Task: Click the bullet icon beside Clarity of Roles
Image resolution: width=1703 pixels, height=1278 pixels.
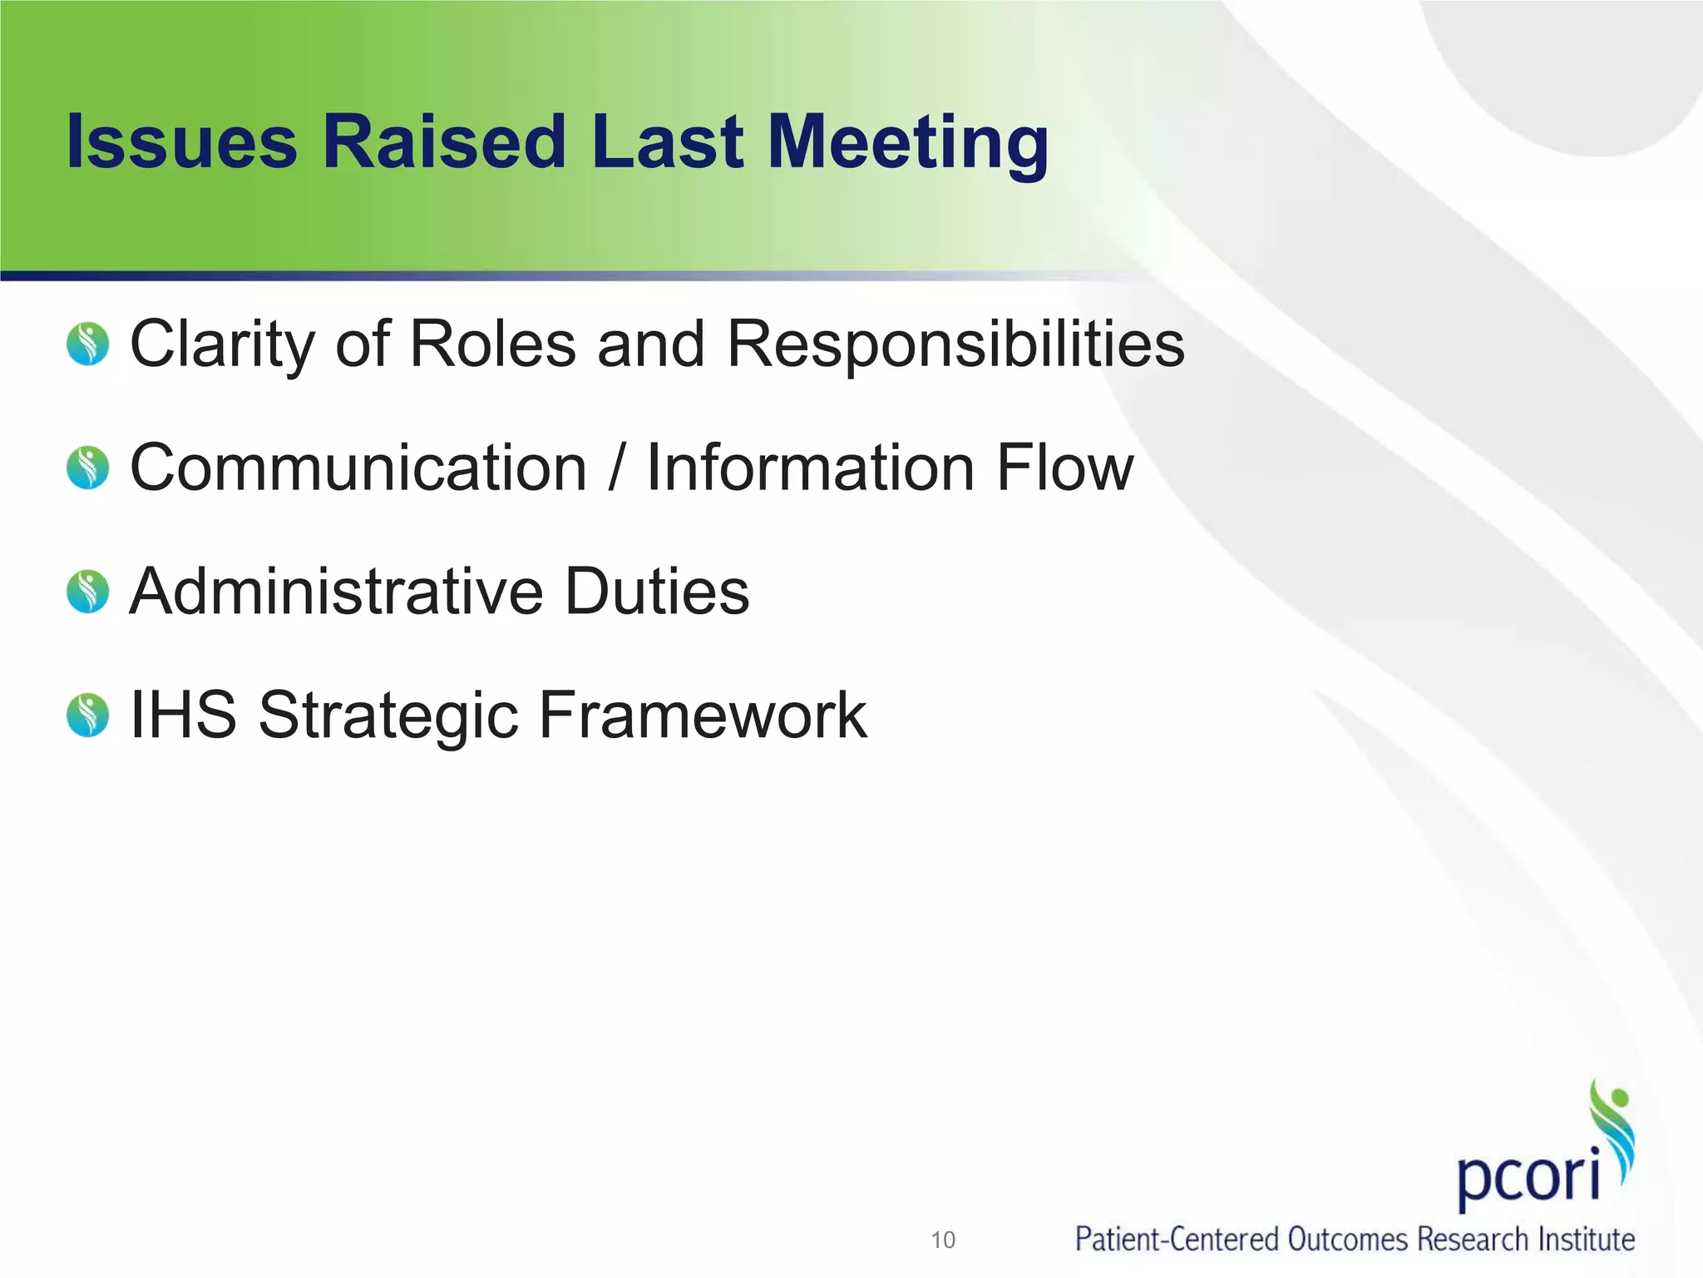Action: pyautogui.click(x=88, y=344)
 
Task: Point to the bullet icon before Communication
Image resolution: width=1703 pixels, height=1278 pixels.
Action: pyautogui.click(x=88, y=468)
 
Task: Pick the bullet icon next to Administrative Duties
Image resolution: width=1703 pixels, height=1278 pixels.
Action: pyautogui.click(x=88, y=592)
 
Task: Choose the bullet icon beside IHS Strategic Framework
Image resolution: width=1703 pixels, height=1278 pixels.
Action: pyautogui.click(x=88, y=716)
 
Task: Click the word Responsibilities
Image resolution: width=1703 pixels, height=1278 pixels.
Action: pyautogui.click(x=955, y=344)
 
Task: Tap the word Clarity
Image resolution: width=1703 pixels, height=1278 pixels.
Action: pyautogui.click(x=222, y=344)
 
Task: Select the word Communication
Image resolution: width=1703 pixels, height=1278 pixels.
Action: pyautogui.click(x=358, y=468)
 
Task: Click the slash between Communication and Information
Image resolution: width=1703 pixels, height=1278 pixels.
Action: pyautogui.click(x=616, y=468)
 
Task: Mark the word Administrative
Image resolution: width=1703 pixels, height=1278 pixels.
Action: pyautogui.click(x=337, y=592)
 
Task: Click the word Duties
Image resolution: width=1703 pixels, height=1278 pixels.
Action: pyautogui.click(x=657, y=592)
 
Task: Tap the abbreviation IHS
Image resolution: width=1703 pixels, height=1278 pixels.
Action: pyautogui.click(x=184, y=715)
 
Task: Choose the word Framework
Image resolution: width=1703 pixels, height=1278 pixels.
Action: pyautogui.click(x=703, y=715)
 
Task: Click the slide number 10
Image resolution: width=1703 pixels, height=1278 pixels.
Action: pyautogui.click(x=943, y=1241)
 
